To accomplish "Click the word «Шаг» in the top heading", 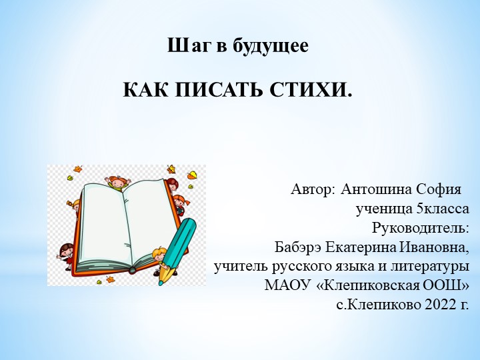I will click(x=183, y=47).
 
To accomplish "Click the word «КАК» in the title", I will click(x=143, y=89).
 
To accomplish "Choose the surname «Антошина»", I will click(x=376, y=189).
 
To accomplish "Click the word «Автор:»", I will click(x=313, y=189).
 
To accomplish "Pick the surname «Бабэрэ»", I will click(x=299, y=247).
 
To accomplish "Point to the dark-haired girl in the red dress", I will click(x=67, y=254).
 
